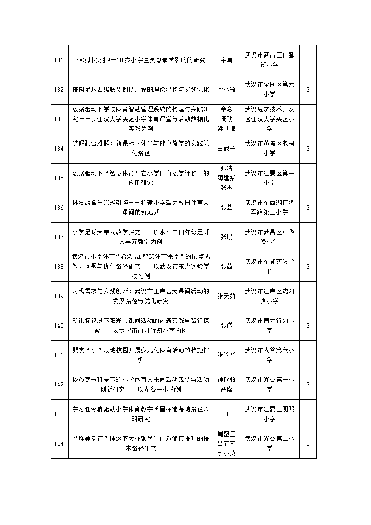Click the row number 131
point(59,60)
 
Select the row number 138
point(59,267)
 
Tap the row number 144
point(59,444)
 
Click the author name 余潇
point(226,60)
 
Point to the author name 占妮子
point(226,149)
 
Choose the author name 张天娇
point(226,296)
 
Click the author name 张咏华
point(226,355)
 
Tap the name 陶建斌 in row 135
point(226,178)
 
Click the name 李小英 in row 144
point(226,453)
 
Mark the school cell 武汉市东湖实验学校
point(269,267)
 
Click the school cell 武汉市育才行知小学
point(269,326)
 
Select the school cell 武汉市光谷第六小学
point(269,355)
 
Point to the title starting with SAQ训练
point(141,60)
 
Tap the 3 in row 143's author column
point(226,414)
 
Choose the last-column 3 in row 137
point(308,237)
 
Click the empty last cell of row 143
point(308,414)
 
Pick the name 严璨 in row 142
point(226,389)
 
